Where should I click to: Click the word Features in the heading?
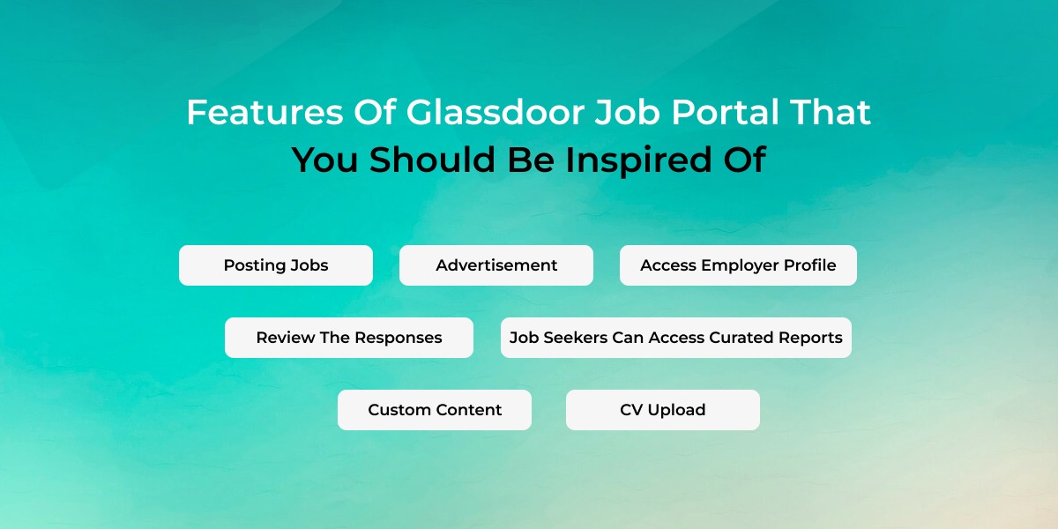(x=265, y=113)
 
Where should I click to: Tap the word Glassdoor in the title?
(x=495, y=113)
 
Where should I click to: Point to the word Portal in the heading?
(x=725, y=113)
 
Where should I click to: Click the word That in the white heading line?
(x=831, y=113)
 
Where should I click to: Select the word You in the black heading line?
(x=325, y=160)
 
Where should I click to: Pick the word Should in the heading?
(x=432, y=160)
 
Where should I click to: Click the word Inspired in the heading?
(x=638, y=160)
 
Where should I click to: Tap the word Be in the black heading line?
(x=531, y=160)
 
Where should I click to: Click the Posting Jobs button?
(x=276, y=265)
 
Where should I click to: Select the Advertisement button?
(x=495, y=265)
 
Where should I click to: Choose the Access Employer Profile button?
(x=738, y=265)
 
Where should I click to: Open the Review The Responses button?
(x=349, y=338)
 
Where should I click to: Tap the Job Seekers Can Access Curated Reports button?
(x=676, y=338)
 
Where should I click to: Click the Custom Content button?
(x=435, y=410)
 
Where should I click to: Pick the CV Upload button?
(x=663, y=410)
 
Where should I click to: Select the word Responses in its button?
(x=399, y=339)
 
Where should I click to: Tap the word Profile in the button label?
(x=809, y=265)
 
